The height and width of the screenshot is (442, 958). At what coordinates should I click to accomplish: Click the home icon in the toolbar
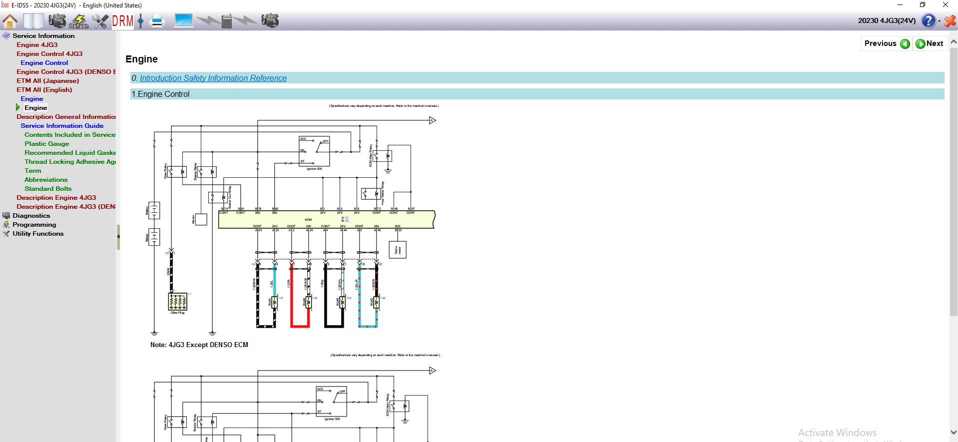[x=10, y=21]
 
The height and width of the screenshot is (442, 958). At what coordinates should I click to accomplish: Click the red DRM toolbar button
[x=123, y=21]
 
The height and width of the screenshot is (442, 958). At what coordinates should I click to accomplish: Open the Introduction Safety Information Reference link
[x=213, y=78]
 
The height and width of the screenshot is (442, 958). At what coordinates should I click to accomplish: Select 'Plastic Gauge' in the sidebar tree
[x=47, y=144]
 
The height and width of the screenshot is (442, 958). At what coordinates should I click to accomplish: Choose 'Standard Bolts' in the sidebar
[x=48, y=189]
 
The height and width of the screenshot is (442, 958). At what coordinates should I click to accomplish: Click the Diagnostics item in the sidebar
[x=31, y=216]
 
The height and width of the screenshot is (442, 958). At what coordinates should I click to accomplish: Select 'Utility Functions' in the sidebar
[x=38, y=234]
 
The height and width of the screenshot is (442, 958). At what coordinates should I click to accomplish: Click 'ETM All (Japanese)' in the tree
[x=47, y=81]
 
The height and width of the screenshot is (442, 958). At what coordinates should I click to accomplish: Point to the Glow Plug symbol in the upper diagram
[x=178, y=301]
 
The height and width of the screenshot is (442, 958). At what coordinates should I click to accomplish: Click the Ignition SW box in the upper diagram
[x=314, y=151]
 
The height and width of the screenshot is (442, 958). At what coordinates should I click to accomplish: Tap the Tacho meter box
[x=398, y=250]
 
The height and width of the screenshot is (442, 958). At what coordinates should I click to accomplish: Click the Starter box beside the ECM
[x=201, y=219]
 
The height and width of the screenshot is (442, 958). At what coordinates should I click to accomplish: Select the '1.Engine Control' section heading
[x=160, y=94]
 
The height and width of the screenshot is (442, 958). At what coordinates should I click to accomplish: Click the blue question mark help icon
[x=928, y=21]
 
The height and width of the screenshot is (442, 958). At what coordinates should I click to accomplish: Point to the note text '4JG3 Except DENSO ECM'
[x=199, y=345]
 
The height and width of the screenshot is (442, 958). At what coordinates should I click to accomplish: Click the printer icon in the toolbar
[x=157, y=21]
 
